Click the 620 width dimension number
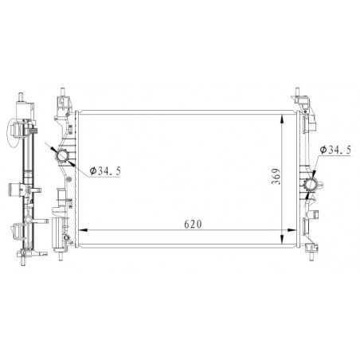point(193,225)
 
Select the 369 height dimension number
point(276,176)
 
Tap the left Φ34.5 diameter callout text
point(105,170)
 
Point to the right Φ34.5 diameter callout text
point(335,150)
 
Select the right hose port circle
point(310,185)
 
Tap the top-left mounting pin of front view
point(63,92)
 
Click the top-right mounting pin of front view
point(297,91)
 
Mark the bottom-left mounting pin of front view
point(61,256)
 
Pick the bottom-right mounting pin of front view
point(311,256)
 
